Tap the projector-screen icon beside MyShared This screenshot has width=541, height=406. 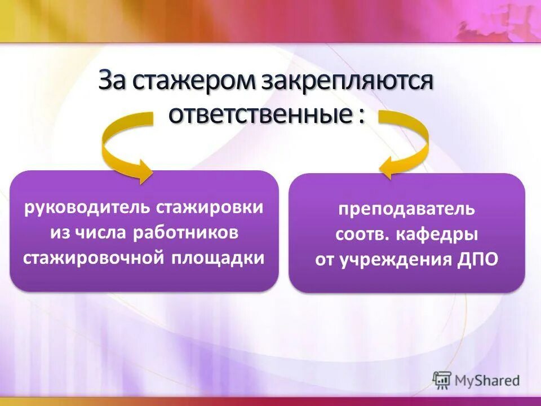click(442, 380)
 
